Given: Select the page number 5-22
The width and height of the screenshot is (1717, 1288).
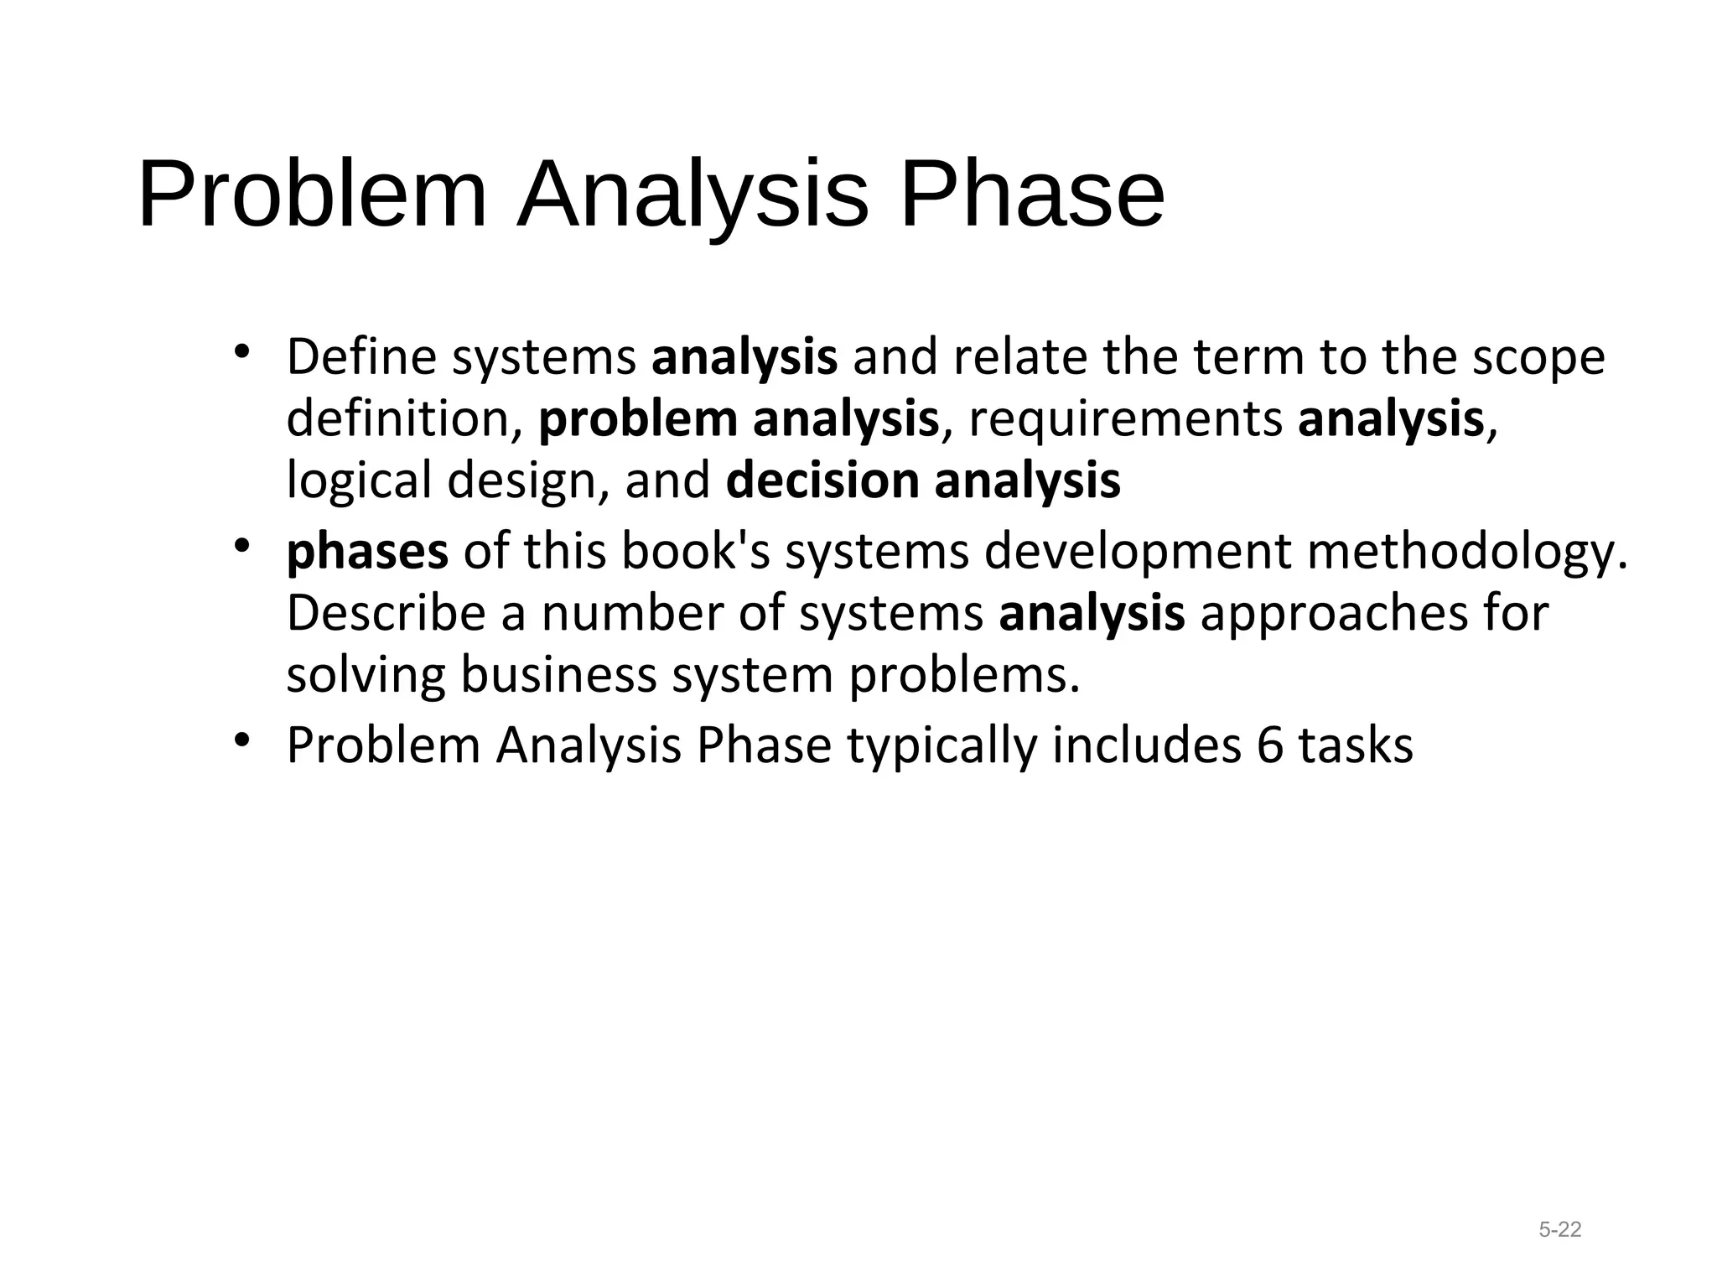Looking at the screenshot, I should coord(1559,1230).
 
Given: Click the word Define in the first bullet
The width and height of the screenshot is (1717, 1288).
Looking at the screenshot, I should coord(361,356).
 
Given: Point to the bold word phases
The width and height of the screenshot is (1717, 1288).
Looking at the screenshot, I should coord(367,553).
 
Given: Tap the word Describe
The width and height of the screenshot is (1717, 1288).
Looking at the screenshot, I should coord(386,613).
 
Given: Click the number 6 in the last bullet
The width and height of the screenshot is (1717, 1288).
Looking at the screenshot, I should coord(1269,745).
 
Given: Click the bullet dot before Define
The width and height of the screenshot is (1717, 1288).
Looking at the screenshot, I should coord(243,351).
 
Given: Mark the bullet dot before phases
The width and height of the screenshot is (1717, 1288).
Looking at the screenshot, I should coord(243,547).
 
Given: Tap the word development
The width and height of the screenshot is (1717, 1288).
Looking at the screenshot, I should coord(1137,553).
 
